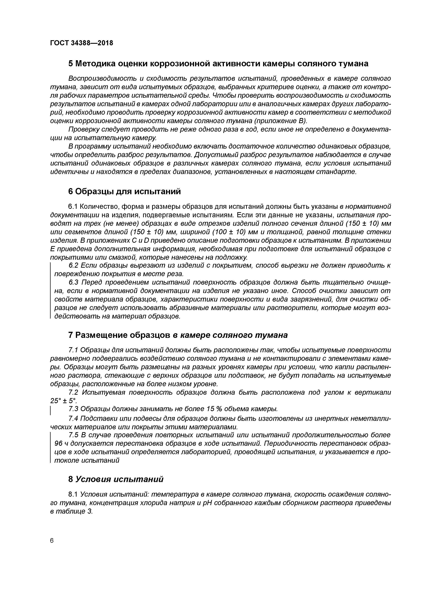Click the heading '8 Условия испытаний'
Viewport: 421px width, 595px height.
click(x=116, y=479)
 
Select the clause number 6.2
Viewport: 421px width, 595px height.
click(x=73, y=266)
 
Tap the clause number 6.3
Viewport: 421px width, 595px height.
click(x=73, y=282)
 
